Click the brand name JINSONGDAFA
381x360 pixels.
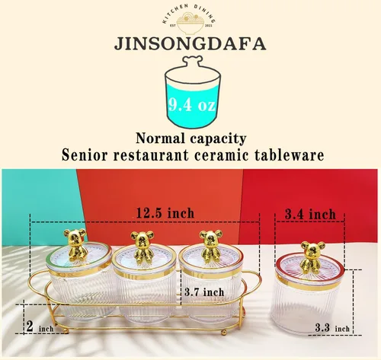pyautogui.click(x=190, y=44)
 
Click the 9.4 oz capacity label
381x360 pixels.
pyautogui.click(x=192, y=104)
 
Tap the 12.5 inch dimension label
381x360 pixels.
pyautogui.click(x=165, y=213)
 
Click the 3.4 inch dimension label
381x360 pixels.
pyautogui.click(x=310, y=215)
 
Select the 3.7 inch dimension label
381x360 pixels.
pyautogui.click(x=204, y=292)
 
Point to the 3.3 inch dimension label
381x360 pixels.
pyautogui.click(x=332, y=328)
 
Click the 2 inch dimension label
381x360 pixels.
pyautogui.click(x=40, y=327)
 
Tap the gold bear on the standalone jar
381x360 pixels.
pyautogui.click(x=312, y=257)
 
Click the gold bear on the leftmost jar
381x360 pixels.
pyautogui.click(x=75, y=244)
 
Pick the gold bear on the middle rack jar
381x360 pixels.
pyautogui.click(x=142, y=246)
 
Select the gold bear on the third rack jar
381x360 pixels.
pyautogui.click(x=210, y=245)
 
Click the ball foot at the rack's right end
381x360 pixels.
pyautogui.click(x=224, y=333)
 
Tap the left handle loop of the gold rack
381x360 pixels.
pyautogui.click(x=35, y=282)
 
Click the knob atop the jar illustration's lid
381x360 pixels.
pyautogui.click(x=193, y=61)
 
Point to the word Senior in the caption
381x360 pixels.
pyautogui.click(x=85, y=155)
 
